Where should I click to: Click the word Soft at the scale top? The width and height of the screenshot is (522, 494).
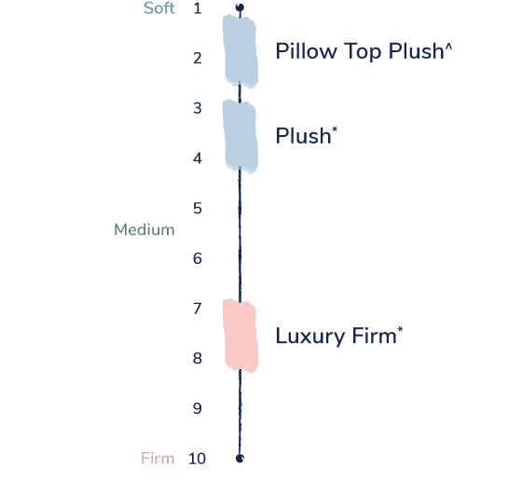[x=159, y=8]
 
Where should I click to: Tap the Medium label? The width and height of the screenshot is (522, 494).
[x=144, y=229]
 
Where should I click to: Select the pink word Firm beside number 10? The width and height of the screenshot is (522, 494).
[x=158, y=459]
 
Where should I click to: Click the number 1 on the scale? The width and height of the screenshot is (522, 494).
[x=198, y=8]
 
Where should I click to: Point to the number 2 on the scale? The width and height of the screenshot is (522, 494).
[x=198, y=58]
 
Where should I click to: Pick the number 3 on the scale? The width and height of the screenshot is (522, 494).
[x=198, y=108]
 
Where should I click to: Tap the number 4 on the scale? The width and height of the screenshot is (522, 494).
[x=198, y=158]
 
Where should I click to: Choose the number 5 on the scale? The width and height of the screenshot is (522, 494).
[x=198, y=209]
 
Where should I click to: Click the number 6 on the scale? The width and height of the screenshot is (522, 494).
[x=198, y=259]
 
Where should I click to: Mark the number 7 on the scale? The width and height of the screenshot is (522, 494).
[x=198, y=309]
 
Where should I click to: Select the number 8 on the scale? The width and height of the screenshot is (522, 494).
[x=198, y=359]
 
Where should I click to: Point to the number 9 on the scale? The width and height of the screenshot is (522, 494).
[x=198, y=408]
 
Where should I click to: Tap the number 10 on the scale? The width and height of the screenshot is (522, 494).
[x=197, y=459]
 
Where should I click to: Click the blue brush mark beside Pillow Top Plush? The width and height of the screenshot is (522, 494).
[x=240, y=51]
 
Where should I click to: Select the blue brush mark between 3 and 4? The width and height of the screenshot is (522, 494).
[x=240, y=136]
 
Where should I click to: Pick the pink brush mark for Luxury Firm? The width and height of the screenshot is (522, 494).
[x=240, y=336]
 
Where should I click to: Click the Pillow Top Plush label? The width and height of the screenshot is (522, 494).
[x=364, y=51]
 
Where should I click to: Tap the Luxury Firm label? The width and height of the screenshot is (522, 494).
[x=339, y=336]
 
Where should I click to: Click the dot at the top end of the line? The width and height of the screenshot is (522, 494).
[x=240, y=7]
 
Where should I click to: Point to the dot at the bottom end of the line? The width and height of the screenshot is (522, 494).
[x=240, y=459]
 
